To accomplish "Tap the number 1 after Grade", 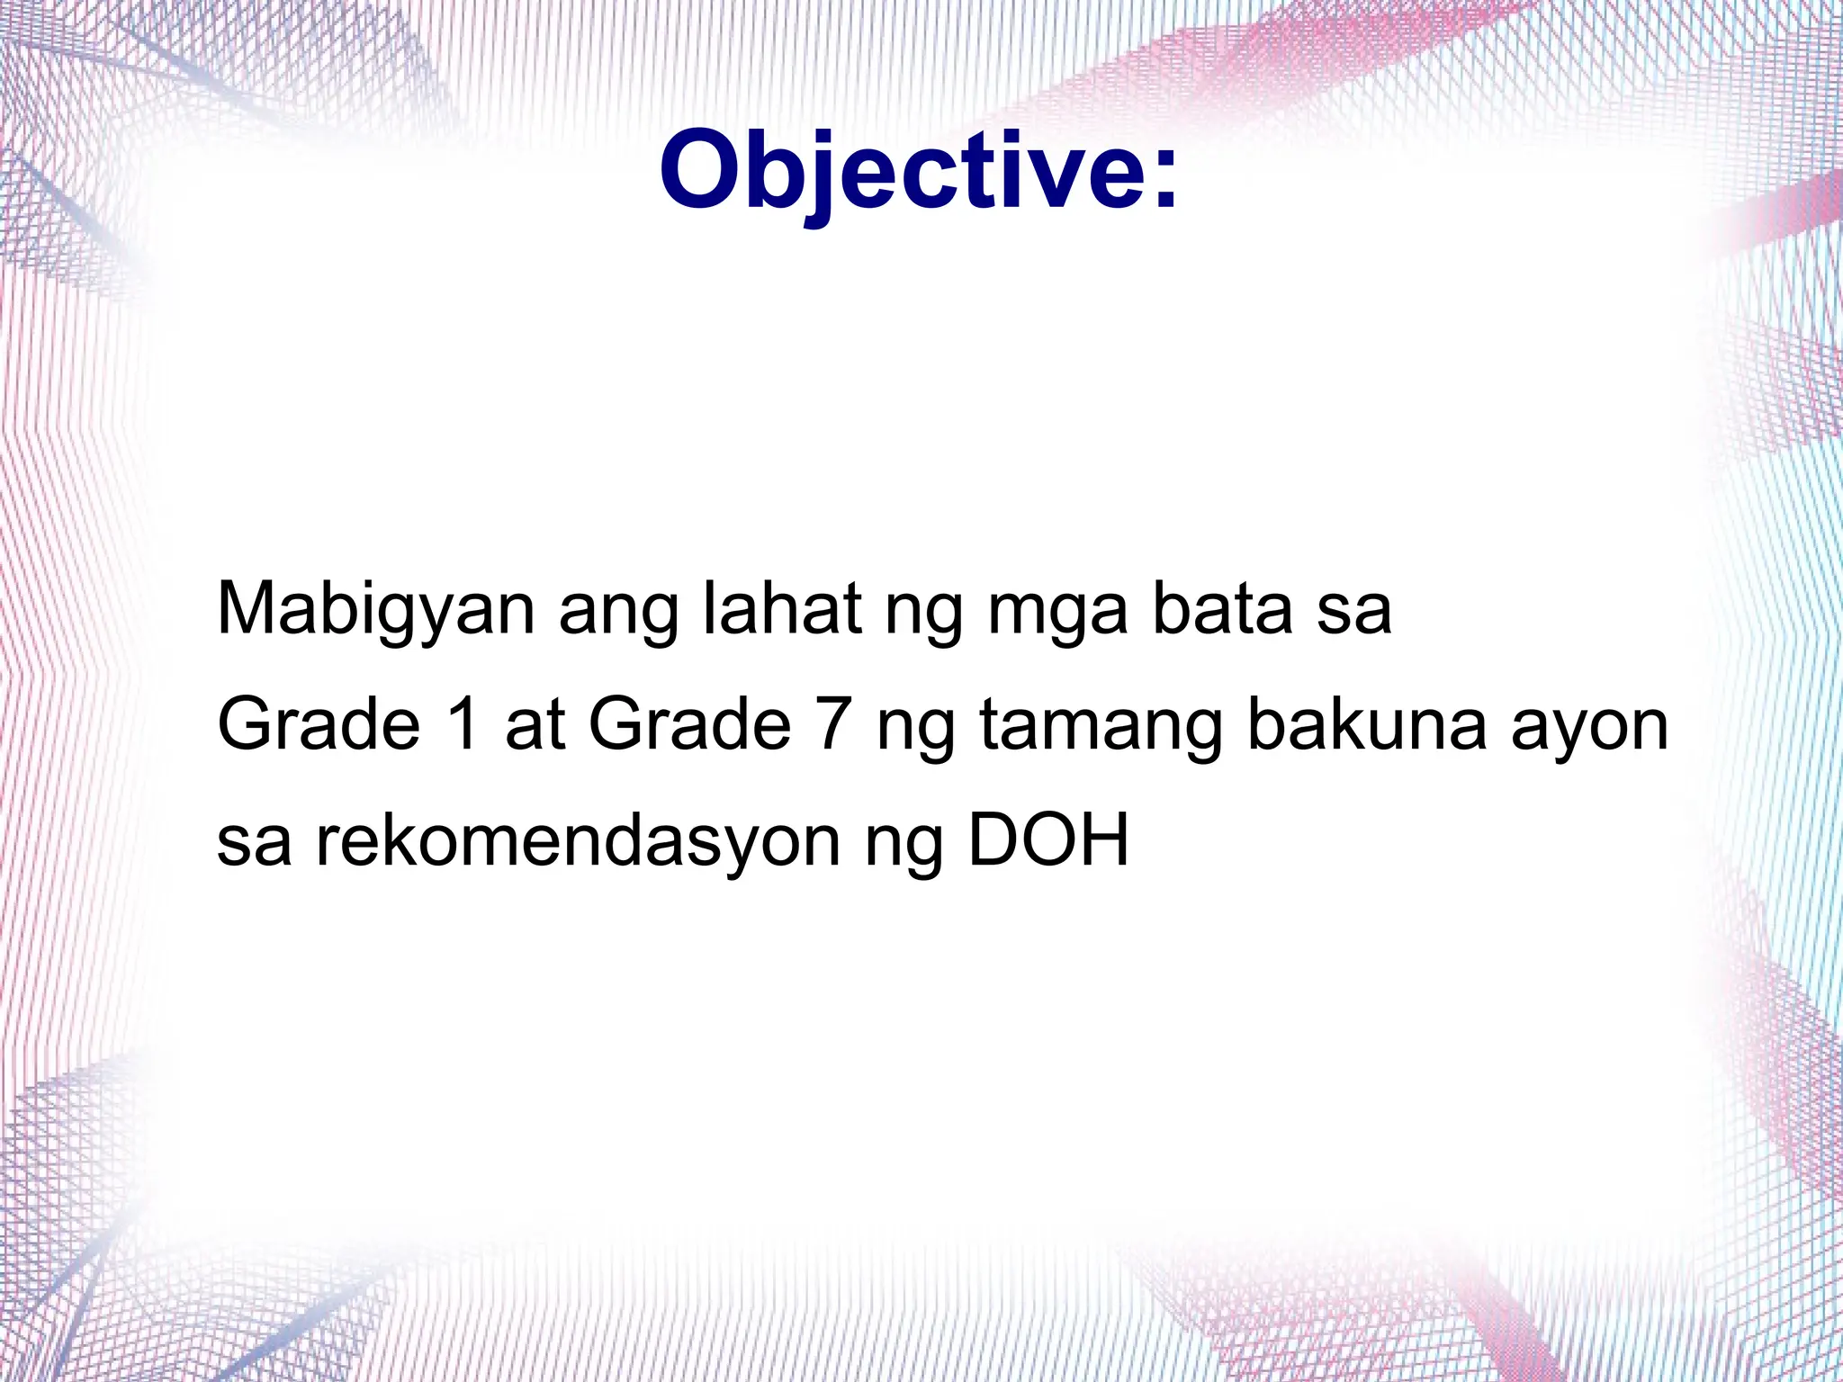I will point(464,724).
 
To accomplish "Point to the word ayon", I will point(1589,728).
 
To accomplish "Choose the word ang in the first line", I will point(619,614).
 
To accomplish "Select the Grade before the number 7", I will point(689,724).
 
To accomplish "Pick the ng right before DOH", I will point(904,845).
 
